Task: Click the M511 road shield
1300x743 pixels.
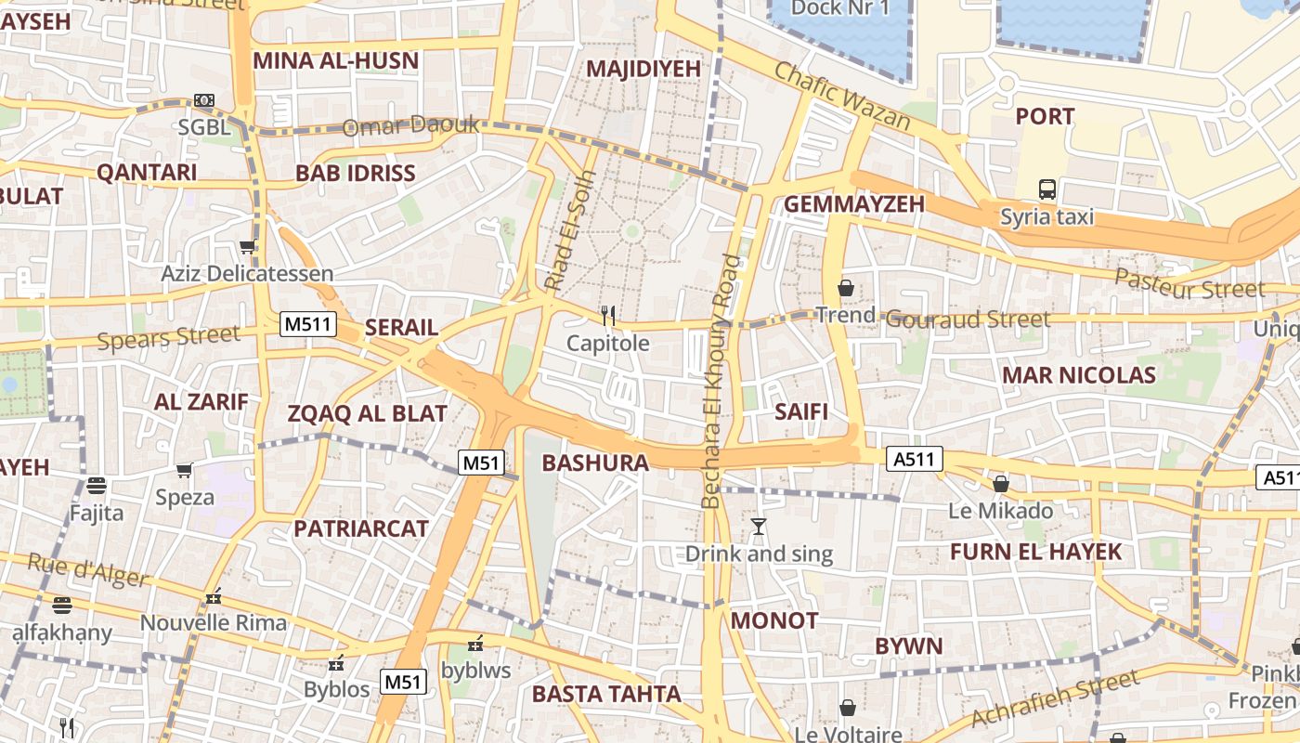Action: coord(307,324)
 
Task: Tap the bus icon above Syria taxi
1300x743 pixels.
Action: coord(1046,189)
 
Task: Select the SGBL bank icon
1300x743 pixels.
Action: coord(204,100)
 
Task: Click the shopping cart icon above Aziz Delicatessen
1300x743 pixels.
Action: coord(247,247)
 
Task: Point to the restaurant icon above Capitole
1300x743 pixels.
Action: coord(608,316)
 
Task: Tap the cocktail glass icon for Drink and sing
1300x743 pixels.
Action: coord(759,527)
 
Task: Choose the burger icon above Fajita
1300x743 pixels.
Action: coord(96,485)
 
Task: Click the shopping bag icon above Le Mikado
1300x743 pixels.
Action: coord(1000,484)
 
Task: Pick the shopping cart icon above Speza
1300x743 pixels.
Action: coord(184,470)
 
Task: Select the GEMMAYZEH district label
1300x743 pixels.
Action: coord(854,204)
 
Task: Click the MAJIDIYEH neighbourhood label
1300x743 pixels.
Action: coord(643,69)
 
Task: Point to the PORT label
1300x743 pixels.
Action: coord(1045,116)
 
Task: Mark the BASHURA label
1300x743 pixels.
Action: coord(594,463)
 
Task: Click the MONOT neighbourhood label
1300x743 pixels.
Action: coord(774,620)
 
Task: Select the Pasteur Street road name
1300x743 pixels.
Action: coord(1189,284)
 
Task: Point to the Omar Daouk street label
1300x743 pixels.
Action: coord(410,125)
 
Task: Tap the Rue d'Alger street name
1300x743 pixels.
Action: coord(87,570)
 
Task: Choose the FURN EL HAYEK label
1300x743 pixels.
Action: coord(1035,552)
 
